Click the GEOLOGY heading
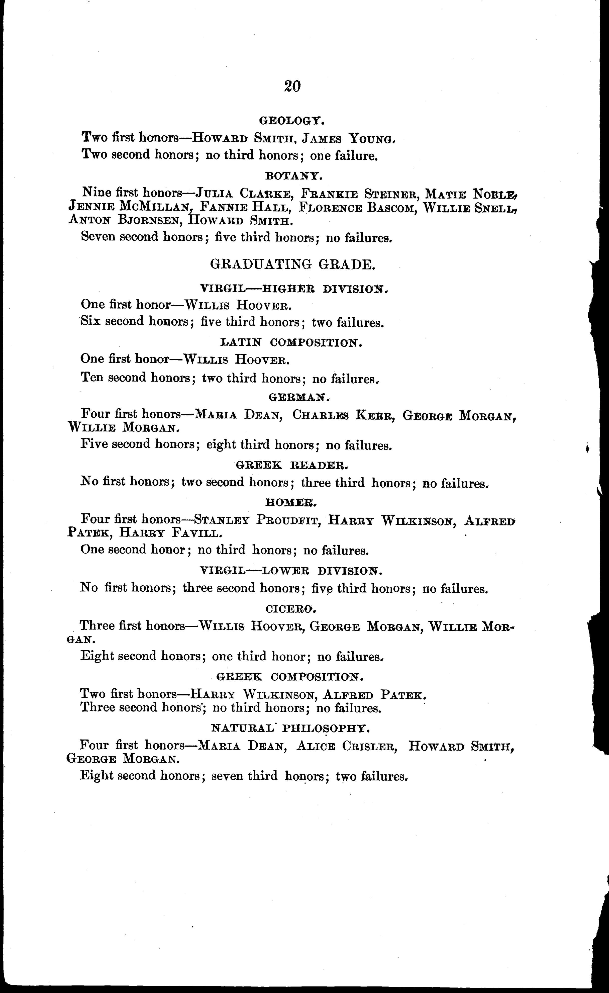pyautogui.click(x=292, y=120)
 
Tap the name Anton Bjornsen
pyautogui.click(x=123, y=220)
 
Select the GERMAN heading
pyautogui.click(x=299, y=397)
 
